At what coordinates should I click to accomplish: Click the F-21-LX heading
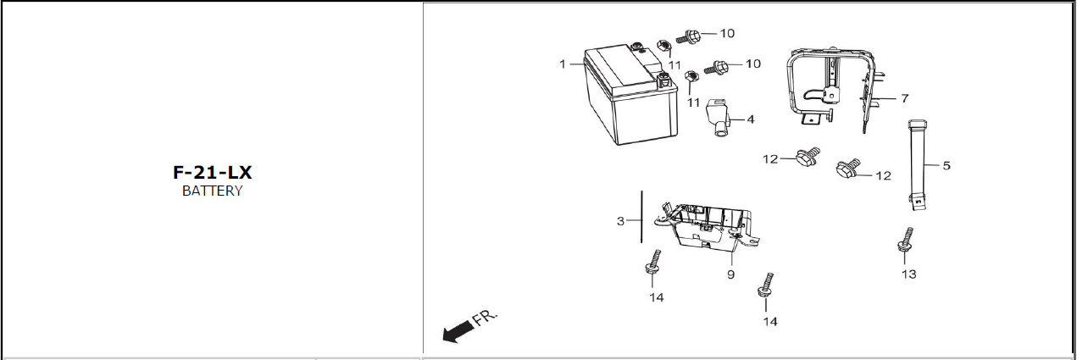point(212,173)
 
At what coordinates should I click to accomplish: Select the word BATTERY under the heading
point(212,191)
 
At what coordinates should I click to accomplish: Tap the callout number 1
point(563,64)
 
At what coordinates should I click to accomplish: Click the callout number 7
point(905,98)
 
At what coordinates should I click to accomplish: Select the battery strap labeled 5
point(918,165)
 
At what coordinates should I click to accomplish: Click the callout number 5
point(947,166)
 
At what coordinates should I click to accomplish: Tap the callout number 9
point(730,274)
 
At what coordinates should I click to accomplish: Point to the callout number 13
point(908,274)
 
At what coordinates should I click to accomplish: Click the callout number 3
point(621,221)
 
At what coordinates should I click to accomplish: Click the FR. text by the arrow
point(486,318)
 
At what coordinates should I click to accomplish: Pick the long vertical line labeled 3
point(641,217)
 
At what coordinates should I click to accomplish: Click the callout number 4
point(751,119)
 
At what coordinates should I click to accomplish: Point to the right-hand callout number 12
point(883,176)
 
